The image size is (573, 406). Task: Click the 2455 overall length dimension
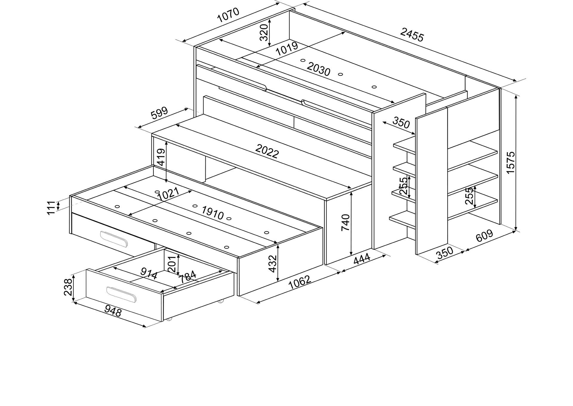click(x=412, y=35)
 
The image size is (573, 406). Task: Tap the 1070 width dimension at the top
click(x=228, y=15)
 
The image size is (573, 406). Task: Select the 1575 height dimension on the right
click(x=511, y=163)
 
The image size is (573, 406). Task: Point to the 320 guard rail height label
click(x=264, y=33)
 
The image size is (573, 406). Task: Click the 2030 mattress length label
click(x=318, y=70)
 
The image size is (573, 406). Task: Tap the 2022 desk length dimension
click(x=267, y=151)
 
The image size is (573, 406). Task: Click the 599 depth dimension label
click(x=159, y=113)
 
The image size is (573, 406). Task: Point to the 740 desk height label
click(x=345, y=222)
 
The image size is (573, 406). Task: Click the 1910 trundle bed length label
click(x=212, y=213)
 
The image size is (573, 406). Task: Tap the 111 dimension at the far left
click(x=51, y=207)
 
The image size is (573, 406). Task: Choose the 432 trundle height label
click(x=272, y=263)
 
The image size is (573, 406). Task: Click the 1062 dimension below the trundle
click(x=300, y=282)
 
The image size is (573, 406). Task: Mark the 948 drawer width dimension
click(x=113, y=311)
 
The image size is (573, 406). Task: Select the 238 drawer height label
click(x=68, y=287)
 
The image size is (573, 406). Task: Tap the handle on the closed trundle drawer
click(x=114, y=239)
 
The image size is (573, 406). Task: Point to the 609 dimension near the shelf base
click(x=484, y=236)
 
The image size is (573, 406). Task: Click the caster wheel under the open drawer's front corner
click(x=170, y=319)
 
